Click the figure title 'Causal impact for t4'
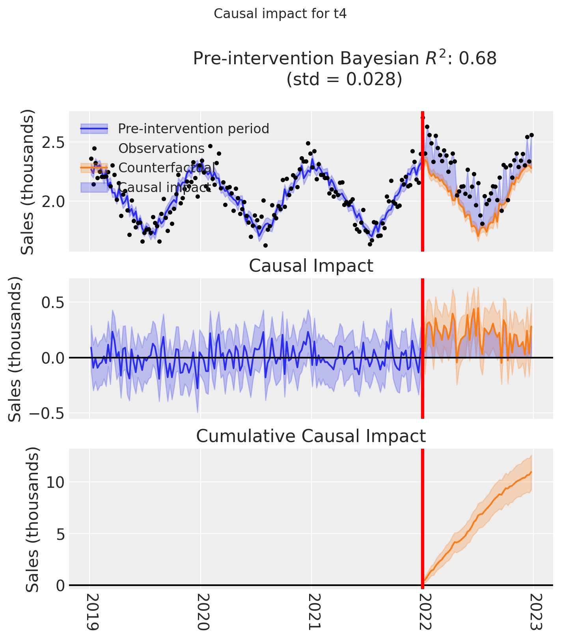pyautogui.click(x=280, y=14)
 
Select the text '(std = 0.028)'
pyautogui.click(x=344, y=79)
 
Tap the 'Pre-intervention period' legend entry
pyautogui.click(x=194, y=129)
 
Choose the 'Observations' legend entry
pyautogui.click(x=161, y=149)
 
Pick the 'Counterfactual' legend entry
pyautogui.click(x=167, y=168)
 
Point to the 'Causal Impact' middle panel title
pyautogui.click(x=311, y=266)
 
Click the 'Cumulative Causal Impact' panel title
pyautogui.click(x=311, y=437)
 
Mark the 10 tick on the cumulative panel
pyautogui.click(x=55, y=482)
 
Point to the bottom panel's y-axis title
pyautogui.click(x=33, y=520)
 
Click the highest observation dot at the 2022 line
pyautogui.click(x=423, y=118)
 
